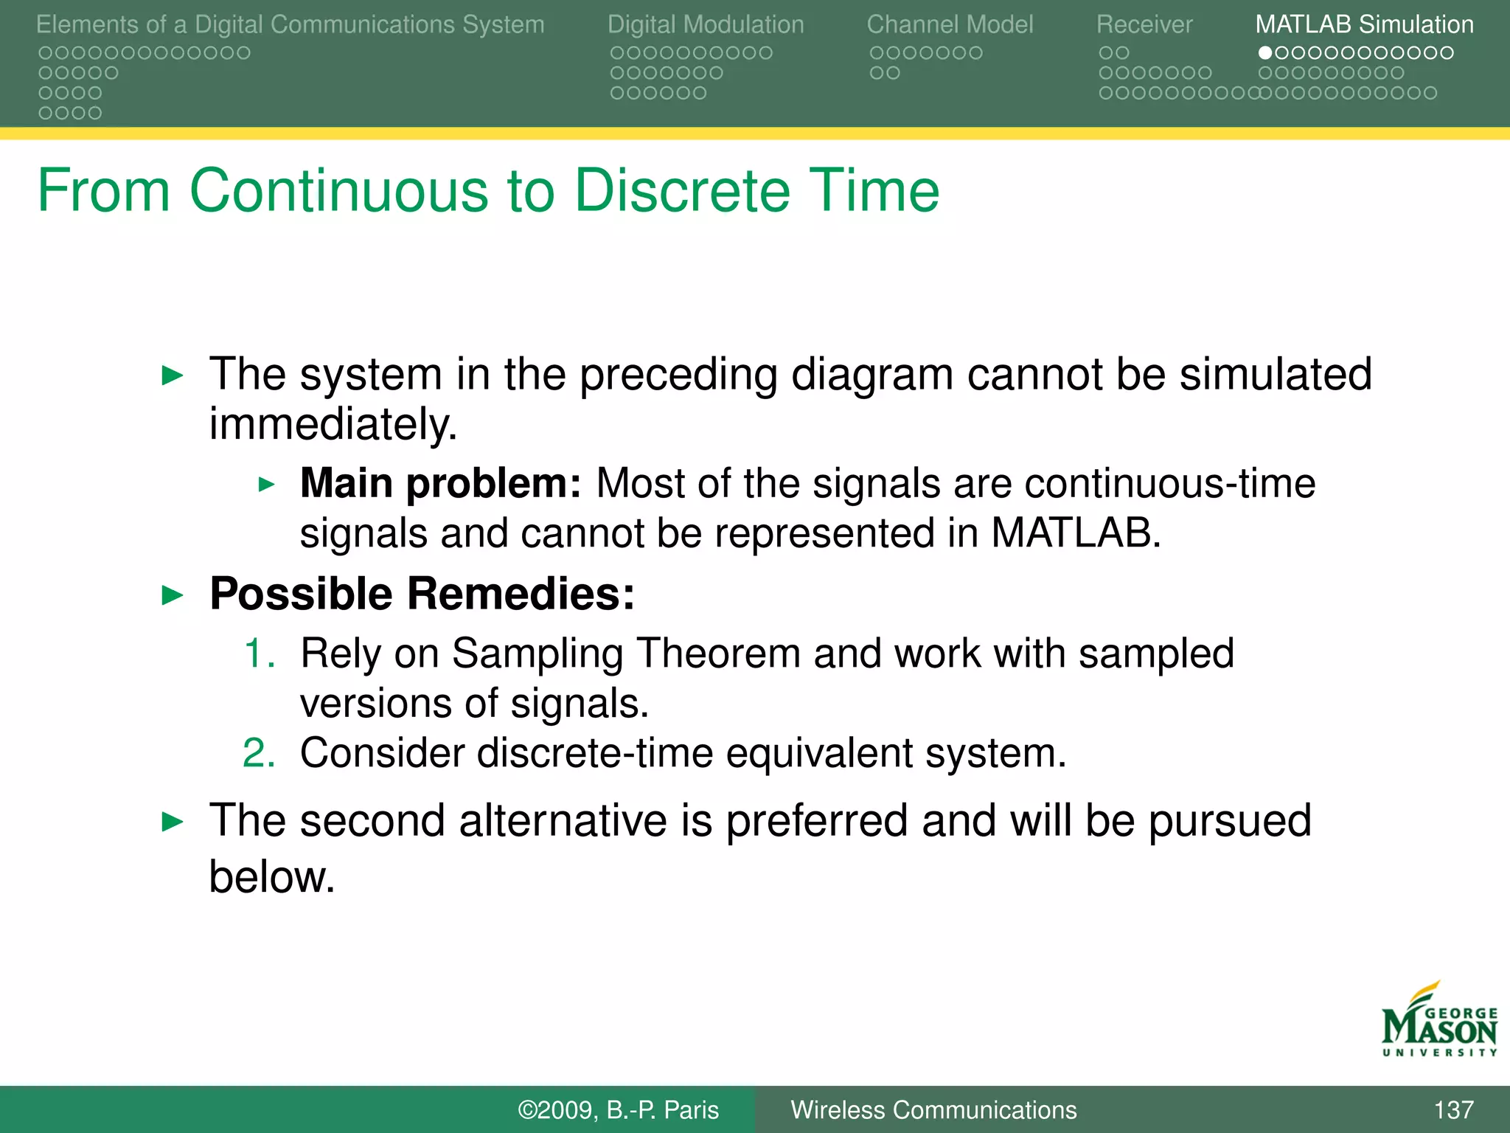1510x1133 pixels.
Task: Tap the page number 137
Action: (x=1453, y=1109)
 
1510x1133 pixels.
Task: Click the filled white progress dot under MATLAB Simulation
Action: (x=1265, y=53)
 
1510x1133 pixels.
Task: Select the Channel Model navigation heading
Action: (x=950, y=24)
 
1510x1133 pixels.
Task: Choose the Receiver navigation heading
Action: (x=1144, y=24)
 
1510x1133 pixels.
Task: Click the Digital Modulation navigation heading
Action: (x=706, y=24)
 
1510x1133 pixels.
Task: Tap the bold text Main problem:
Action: (x=440, y=484)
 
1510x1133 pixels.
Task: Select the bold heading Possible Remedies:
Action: (x=422, y=594)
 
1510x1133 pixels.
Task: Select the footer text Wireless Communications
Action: (x=933, y=1109)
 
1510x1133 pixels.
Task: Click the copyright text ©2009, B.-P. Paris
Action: (x=618, y=1109)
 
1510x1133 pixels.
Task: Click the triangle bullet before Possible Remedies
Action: (x=172, y=595)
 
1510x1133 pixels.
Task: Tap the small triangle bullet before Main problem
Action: (x=267, y=485)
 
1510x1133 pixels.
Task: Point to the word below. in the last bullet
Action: (x=272, y=877)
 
